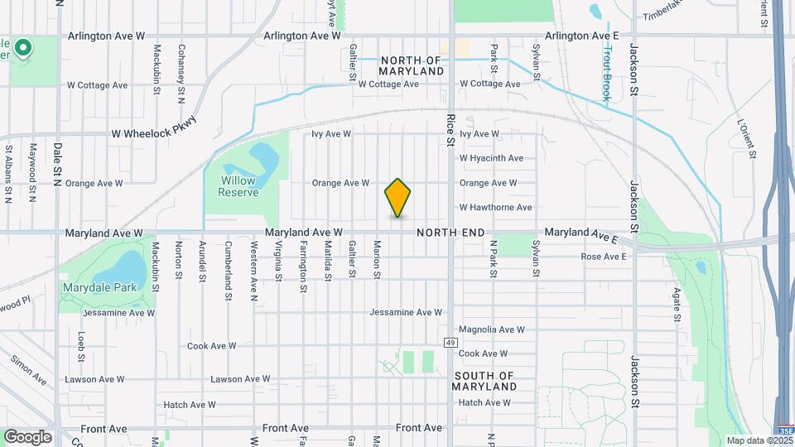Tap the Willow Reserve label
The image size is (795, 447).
(238, 186)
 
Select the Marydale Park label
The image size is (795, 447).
(92, 288)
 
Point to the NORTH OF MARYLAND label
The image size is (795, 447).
(412, 66)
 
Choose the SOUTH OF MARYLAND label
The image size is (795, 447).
(485, 381)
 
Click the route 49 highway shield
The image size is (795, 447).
(450, 342)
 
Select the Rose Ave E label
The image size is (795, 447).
(604, 257)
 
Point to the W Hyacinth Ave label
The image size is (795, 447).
(491, 158)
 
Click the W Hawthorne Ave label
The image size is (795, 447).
(495, 207)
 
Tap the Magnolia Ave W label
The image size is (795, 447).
(491, 329)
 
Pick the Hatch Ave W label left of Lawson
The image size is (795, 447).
(189, 405)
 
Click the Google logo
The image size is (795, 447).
(27, 436)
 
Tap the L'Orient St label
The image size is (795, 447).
(746, 137)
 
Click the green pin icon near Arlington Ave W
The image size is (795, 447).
(23, 48)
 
